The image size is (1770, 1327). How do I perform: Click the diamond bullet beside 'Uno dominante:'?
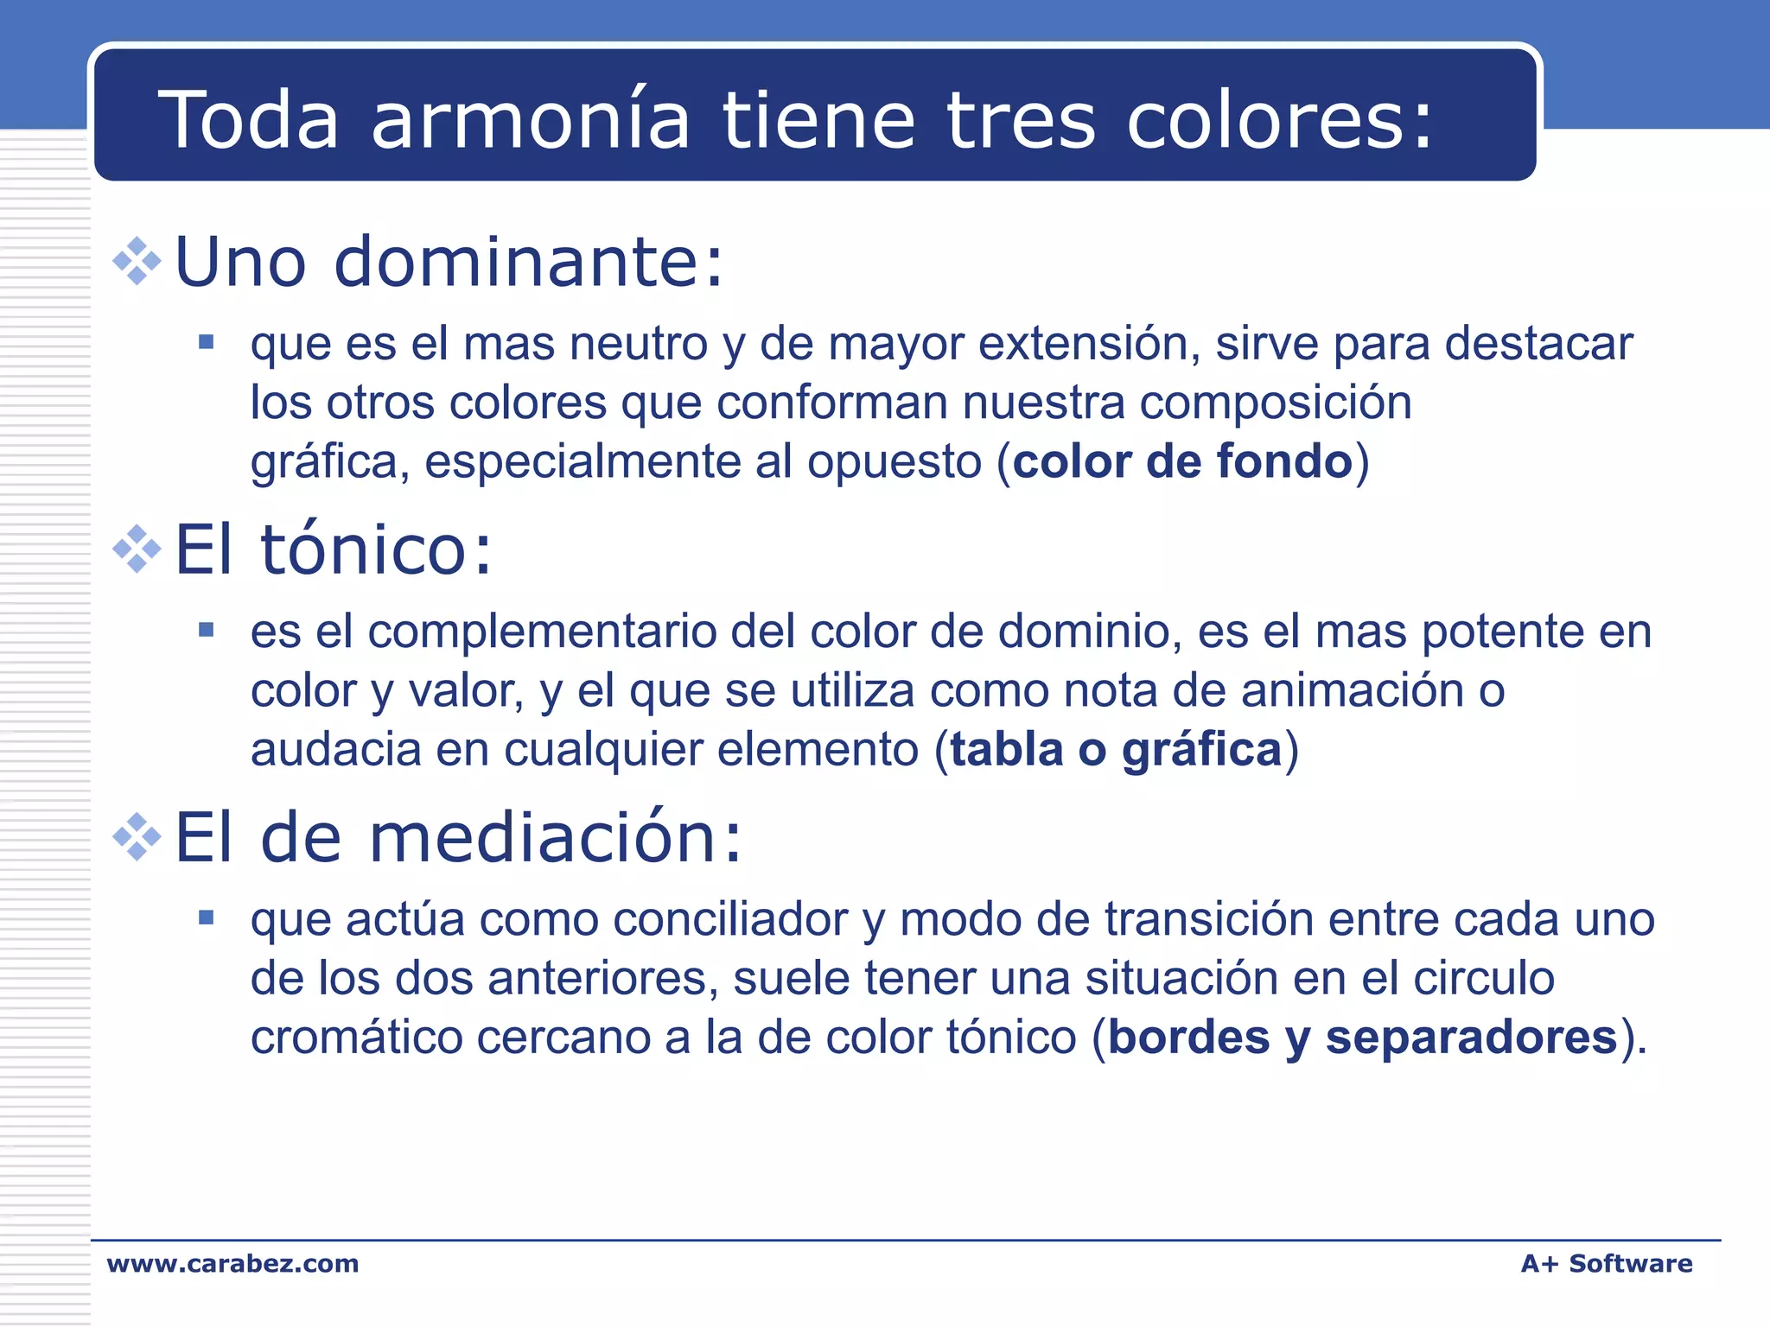click(x=137, y=260)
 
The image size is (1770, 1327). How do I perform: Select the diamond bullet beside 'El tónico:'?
click(x=137, y=549)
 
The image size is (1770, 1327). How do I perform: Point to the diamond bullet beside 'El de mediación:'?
click(x=137, y=836)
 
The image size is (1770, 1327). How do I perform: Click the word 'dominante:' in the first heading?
click(x=528, y=261)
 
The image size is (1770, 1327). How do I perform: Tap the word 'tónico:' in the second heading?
click(x=376, y=549)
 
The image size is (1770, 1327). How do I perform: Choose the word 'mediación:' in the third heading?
click(x=556, y=837)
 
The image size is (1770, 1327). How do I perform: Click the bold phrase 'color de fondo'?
click(x=1182, y=460)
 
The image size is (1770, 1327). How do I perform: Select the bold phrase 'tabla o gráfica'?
click(x=1116, y=749)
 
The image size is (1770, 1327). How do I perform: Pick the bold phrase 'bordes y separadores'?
click(x=1362, y=1037)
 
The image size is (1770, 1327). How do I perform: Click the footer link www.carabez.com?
click(x=232, y=1264)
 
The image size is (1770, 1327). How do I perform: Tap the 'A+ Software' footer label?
click(x=1607, y=1264)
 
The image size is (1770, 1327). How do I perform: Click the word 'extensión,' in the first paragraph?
click(x=1089, y=344)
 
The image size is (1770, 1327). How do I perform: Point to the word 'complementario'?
click(x=545, y=632)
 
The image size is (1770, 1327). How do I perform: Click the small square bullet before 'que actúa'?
click(x=206, y=917)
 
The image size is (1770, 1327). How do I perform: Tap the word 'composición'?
click(x=1276, y=403)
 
